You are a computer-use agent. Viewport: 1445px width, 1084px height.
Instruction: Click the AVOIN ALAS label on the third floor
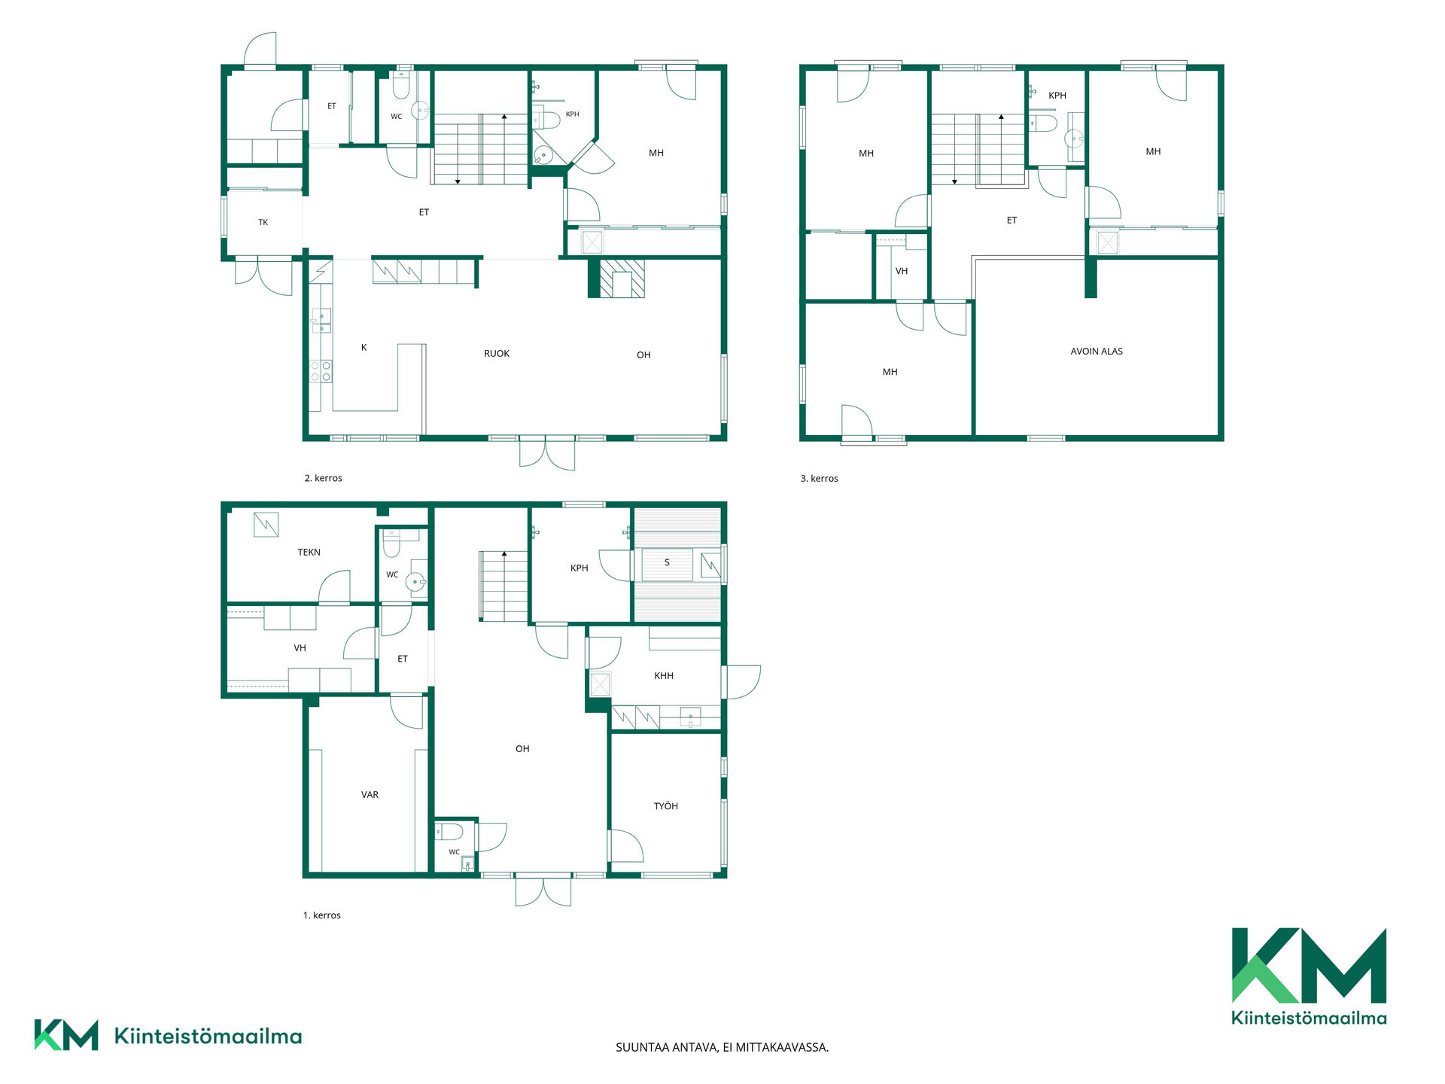pos(1097,352)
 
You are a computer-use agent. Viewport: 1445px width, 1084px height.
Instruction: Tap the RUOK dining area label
pos(497,354)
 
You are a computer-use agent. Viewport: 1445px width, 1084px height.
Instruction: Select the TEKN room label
pos(309,553)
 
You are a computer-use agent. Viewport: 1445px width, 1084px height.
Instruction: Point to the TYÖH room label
pos(666,806)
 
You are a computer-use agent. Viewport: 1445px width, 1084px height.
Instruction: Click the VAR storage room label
pos(370,795)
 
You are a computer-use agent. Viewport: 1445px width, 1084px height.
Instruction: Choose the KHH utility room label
pos(664,676)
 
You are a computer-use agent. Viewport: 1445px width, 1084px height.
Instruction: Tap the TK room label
pos(263,223)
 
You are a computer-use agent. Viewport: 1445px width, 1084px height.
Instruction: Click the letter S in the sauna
pos(667,562)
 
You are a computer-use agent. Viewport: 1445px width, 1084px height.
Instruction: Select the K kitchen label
pos(364,348)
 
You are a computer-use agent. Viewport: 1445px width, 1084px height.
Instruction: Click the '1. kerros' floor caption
pos(322,915)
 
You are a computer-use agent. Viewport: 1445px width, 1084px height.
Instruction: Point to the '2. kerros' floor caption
pos(324,478)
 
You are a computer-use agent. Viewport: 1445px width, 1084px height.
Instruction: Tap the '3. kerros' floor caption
pos(820,479)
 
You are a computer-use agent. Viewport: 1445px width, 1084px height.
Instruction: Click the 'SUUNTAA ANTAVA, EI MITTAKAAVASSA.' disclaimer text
pos(722,1047)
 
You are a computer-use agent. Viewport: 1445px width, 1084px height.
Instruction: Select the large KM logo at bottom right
pos(1309,976)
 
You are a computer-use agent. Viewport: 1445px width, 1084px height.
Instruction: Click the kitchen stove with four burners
pos(321,371)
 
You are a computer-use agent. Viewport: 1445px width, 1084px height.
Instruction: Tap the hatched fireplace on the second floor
pos(616,279)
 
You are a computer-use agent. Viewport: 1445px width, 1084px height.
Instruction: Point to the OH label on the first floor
pos(522,749)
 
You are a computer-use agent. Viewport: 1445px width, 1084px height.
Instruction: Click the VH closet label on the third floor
pos(902,272)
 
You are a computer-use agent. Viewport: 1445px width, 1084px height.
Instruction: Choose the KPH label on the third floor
pos(1057,96)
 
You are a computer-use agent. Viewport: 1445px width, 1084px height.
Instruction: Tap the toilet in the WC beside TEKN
pos(391,543)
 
